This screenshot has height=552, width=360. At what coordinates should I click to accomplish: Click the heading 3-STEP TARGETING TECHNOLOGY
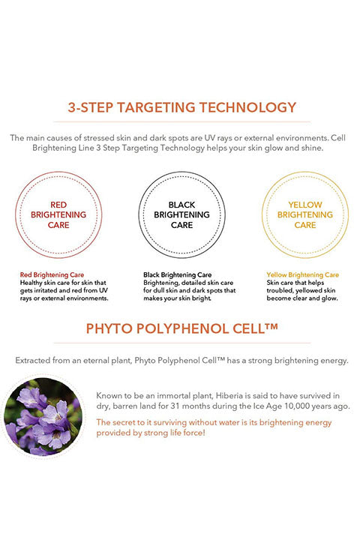(x=182, y=107)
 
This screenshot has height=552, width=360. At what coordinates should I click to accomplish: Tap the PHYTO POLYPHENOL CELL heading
(x=182, y=328)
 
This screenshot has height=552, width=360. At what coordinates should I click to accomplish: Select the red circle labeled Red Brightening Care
(x=58, y=172)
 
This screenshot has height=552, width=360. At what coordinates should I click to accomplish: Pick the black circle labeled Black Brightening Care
(x=181, y=172)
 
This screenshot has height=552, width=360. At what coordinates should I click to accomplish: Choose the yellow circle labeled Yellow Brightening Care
(x=305, y=172)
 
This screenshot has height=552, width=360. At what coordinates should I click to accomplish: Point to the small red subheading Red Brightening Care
(x=52, y=275)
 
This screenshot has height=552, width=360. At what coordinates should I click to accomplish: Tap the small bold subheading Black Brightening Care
(x=177, y=275)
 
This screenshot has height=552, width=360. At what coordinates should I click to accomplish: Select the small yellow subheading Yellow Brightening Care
(x=303, y=275)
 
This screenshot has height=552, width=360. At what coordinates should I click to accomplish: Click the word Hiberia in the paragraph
(x=229, y=396)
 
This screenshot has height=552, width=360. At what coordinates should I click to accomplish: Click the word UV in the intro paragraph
(x=210, y=138)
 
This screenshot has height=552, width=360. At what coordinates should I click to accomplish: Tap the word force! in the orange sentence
(x=194, y=433)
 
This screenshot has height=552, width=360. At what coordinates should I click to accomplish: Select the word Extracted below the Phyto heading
(x=33, y=361)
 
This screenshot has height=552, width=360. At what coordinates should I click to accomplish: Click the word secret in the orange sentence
(x=122, y=422)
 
